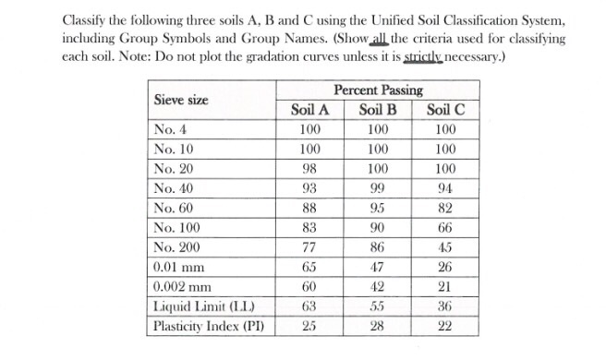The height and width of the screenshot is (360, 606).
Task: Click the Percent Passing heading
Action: coord(377,90)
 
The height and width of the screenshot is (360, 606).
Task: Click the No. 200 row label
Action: coord(178,248)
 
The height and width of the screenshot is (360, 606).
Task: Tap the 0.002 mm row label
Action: coord(183,287)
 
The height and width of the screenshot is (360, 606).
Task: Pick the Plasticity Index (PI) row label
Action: coord(206,326)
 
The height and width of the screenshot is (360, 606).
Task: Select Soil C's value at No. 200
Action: coord(444,248)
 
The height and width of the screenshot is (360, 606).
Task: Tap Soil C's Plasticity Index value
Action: coord(444,326)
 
